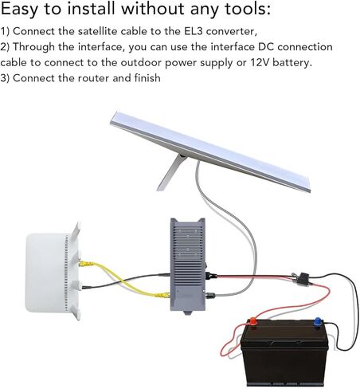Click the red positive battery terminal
[x=252, y=322]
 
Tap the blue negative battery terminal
[x=318, y=321]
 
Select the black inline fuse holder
[x=303, y=278]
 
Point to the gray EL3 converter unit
[x=188, y=265]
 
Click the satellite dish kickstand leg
[x=172, y=172]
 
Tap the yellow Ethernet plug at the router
[x=86, y=264]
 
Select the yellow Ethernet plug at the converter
[x=162, y=295]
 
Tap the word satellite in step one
[x=97, y=31]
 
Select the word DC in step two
[x=266, y=47]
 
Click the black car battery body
[x=284, y=353]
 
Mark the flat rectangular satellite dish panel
[x=210, y=151]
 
